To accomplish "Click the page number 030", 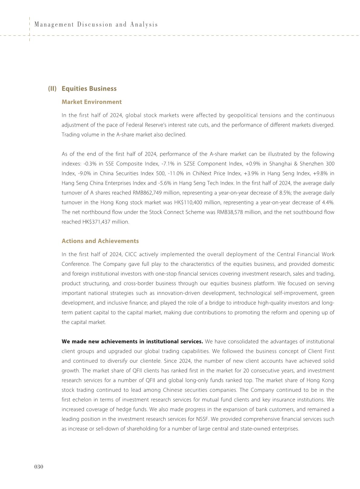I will click(x=39, y=467).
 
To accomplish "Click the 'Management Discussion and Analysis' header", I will click(x=96, y=25).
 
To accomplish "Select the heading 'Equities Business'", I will click(x=89, y=88).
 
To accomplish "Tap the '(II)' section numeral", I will click(x=52, y=88).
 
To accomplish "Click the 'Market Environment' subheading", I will click(x=91, y=102).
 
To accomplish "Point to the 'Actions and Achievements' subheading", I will click(x=100, y=241).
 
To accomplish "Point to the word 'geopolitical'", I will click(x=241, y=115).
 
